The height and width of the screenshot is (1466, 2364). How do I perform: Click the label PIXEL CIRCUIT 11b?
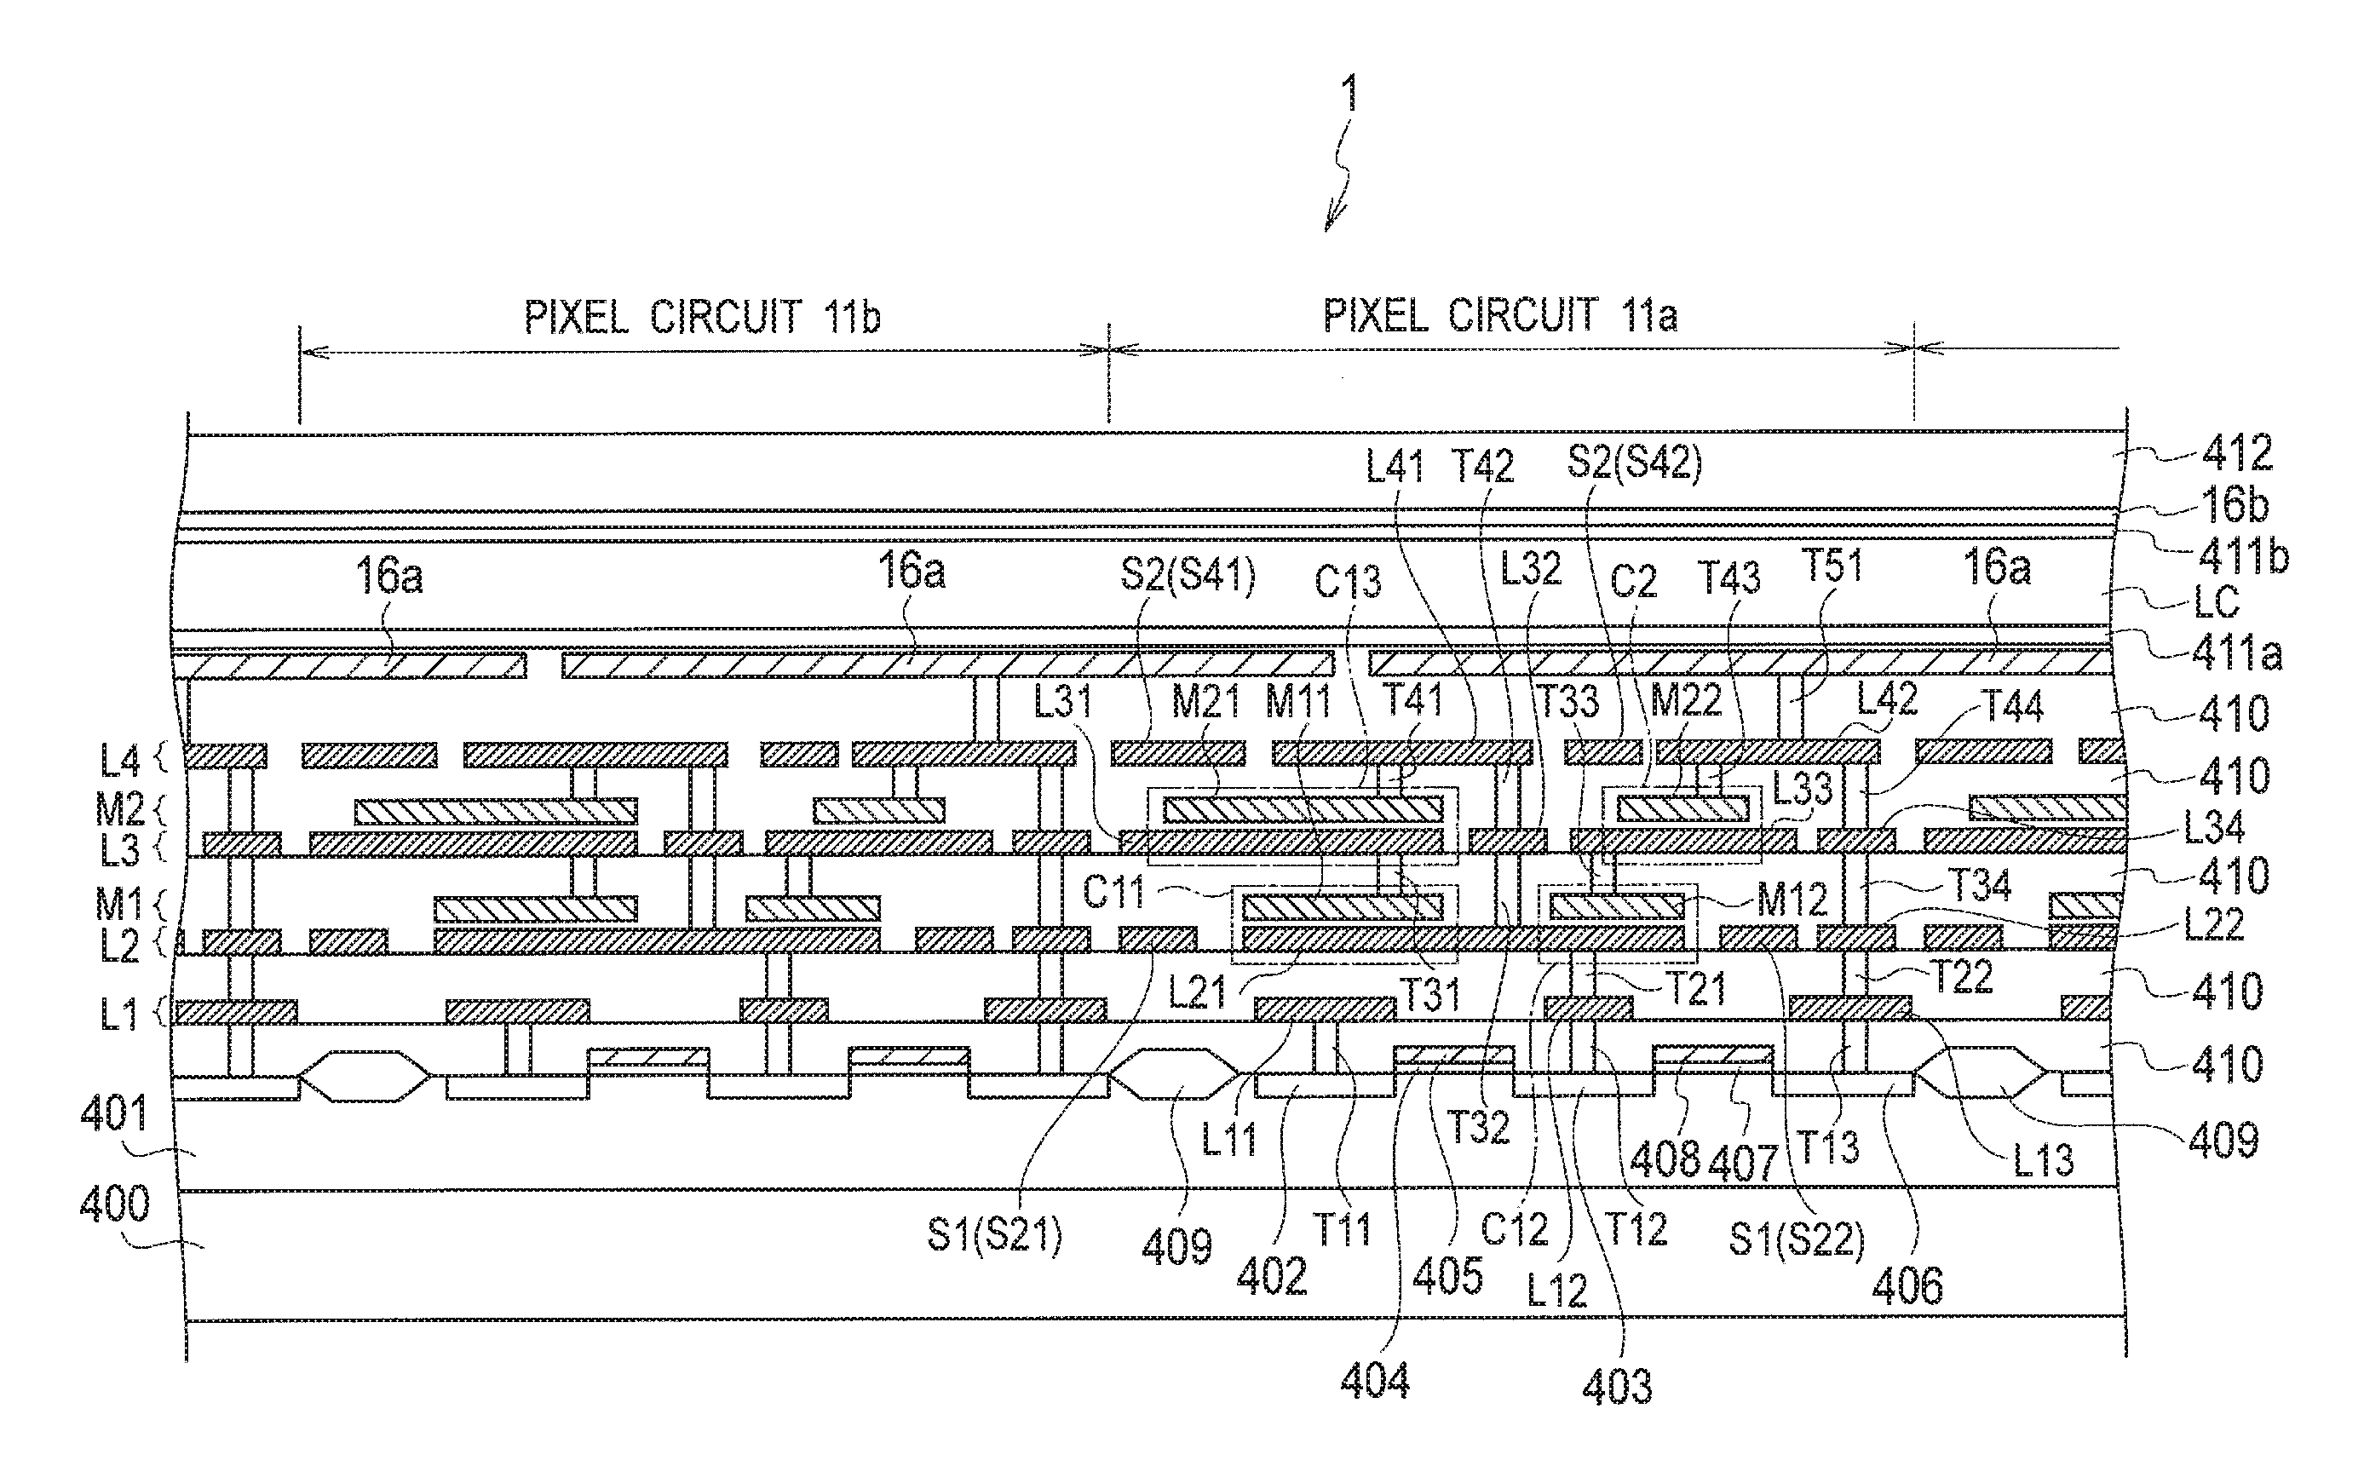click(702, 317)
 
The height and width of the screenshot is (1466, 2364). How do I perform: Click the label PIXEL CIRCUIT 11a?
click(1500, 315)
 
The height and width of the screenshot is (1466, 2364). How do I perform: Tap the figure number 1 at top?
click(1349, 96)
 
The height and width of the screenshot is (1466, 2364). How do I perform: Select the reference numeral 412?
click(2237, 453)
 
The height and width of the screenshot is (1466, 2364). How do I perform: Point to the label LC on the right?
click(2217, 603)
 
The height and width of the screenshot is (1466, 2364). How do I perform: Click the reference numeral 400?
click(115, 1204)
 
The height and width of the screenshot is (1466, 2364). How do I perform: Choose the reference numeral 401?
click(113, 1113)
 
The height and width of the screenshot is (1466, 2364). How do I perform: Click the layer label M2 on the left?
click(120, 808)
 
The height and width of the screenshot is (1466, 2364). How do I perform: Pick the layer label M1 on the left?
click(119, 904)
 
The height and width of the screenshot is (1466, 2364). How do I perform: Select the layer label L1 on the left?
click(119, 1015)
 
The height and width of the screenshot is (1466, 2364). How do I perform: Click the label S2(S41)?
click(1188, 575)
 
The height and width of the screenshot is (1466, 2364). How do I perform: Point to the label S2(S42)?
click(1635, 463)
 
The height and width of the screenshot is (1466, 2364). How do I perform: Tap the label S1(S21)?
click(995, 1234)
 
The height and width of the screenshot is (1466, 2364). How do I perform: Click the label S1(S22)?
click(1797, 1239)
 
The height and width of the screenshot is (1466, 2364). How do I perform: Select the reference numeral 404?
click(1375, 1381)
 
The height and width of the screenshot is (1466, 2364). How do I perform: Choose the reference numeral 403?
click(1616, 1388)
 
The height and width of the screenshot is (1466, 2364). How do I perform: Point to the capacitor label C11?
click(1113, 892)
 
